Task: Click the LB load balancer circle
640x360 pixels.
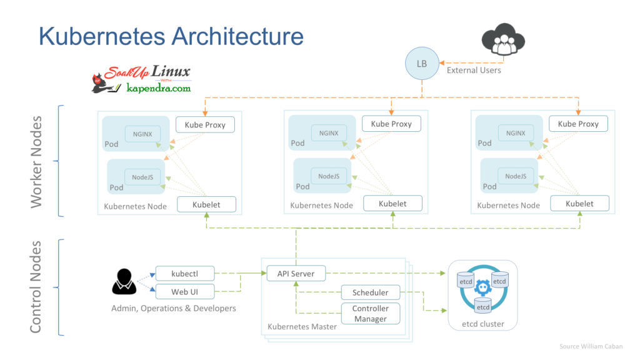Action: click(422, 64)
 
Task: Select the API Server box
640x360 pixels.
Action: click(296, 273)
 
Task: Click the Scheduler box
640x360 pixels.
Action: click(370, 292)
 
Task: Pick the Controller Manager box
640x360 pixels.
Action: click(370, 314)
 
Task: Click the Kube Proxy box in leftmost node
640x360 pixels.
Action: click(205, 124)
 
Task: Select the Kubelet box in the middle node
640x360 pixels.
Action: click(392, 204)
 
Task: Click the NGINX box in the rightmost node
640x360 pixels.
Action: click(516, 133)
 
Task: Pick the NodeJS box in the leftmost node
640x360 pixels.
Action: click(142, 177)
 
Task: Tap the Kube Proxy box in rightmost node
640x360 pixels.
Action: click(578, 124)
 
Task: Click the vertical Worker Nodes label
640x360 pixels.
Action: click(37, 161)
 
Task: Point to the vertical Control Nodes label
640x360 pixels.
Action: click(37, 286)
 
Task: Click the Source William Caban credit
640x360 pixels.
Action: click(591, 346)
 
